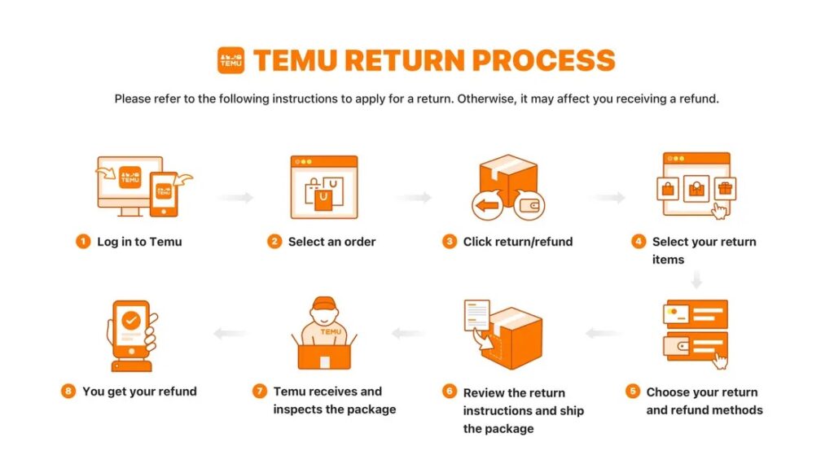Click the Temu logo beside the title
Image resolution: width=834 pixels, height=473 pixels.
click(x=230, y=60)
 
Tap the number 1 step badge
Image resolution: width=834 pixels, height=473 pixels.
click(x=83, y=242)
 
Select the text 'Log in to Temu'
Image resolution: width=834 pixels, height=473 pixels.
click(x=139, y=242)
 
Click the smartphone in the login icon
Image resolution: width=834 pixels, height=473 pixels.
click(x=165, y=193)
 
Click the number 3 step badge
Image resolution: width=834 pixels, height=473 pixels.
click(x=450, y=242)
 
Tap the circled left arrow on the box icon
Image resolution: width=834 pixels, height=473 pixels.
click(x=488, y=206)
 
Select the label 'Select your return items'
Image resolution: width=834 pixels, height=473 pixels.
click(x=704, y=251)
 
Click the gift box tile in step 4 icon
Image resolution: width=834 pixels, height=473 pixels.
click(x=724, y=189)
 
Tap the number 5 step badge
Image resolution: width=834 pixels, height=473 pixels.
click(x=633, y=392)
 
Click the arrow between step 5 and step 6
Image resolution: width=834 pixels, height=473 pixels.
click(x=600, y=333)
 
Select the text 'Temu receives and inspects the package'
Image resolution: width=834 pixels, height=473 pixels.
click(x=334, y=401)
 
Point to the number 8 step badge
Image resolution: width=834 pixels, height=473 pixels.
click(x=68, y=392)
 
